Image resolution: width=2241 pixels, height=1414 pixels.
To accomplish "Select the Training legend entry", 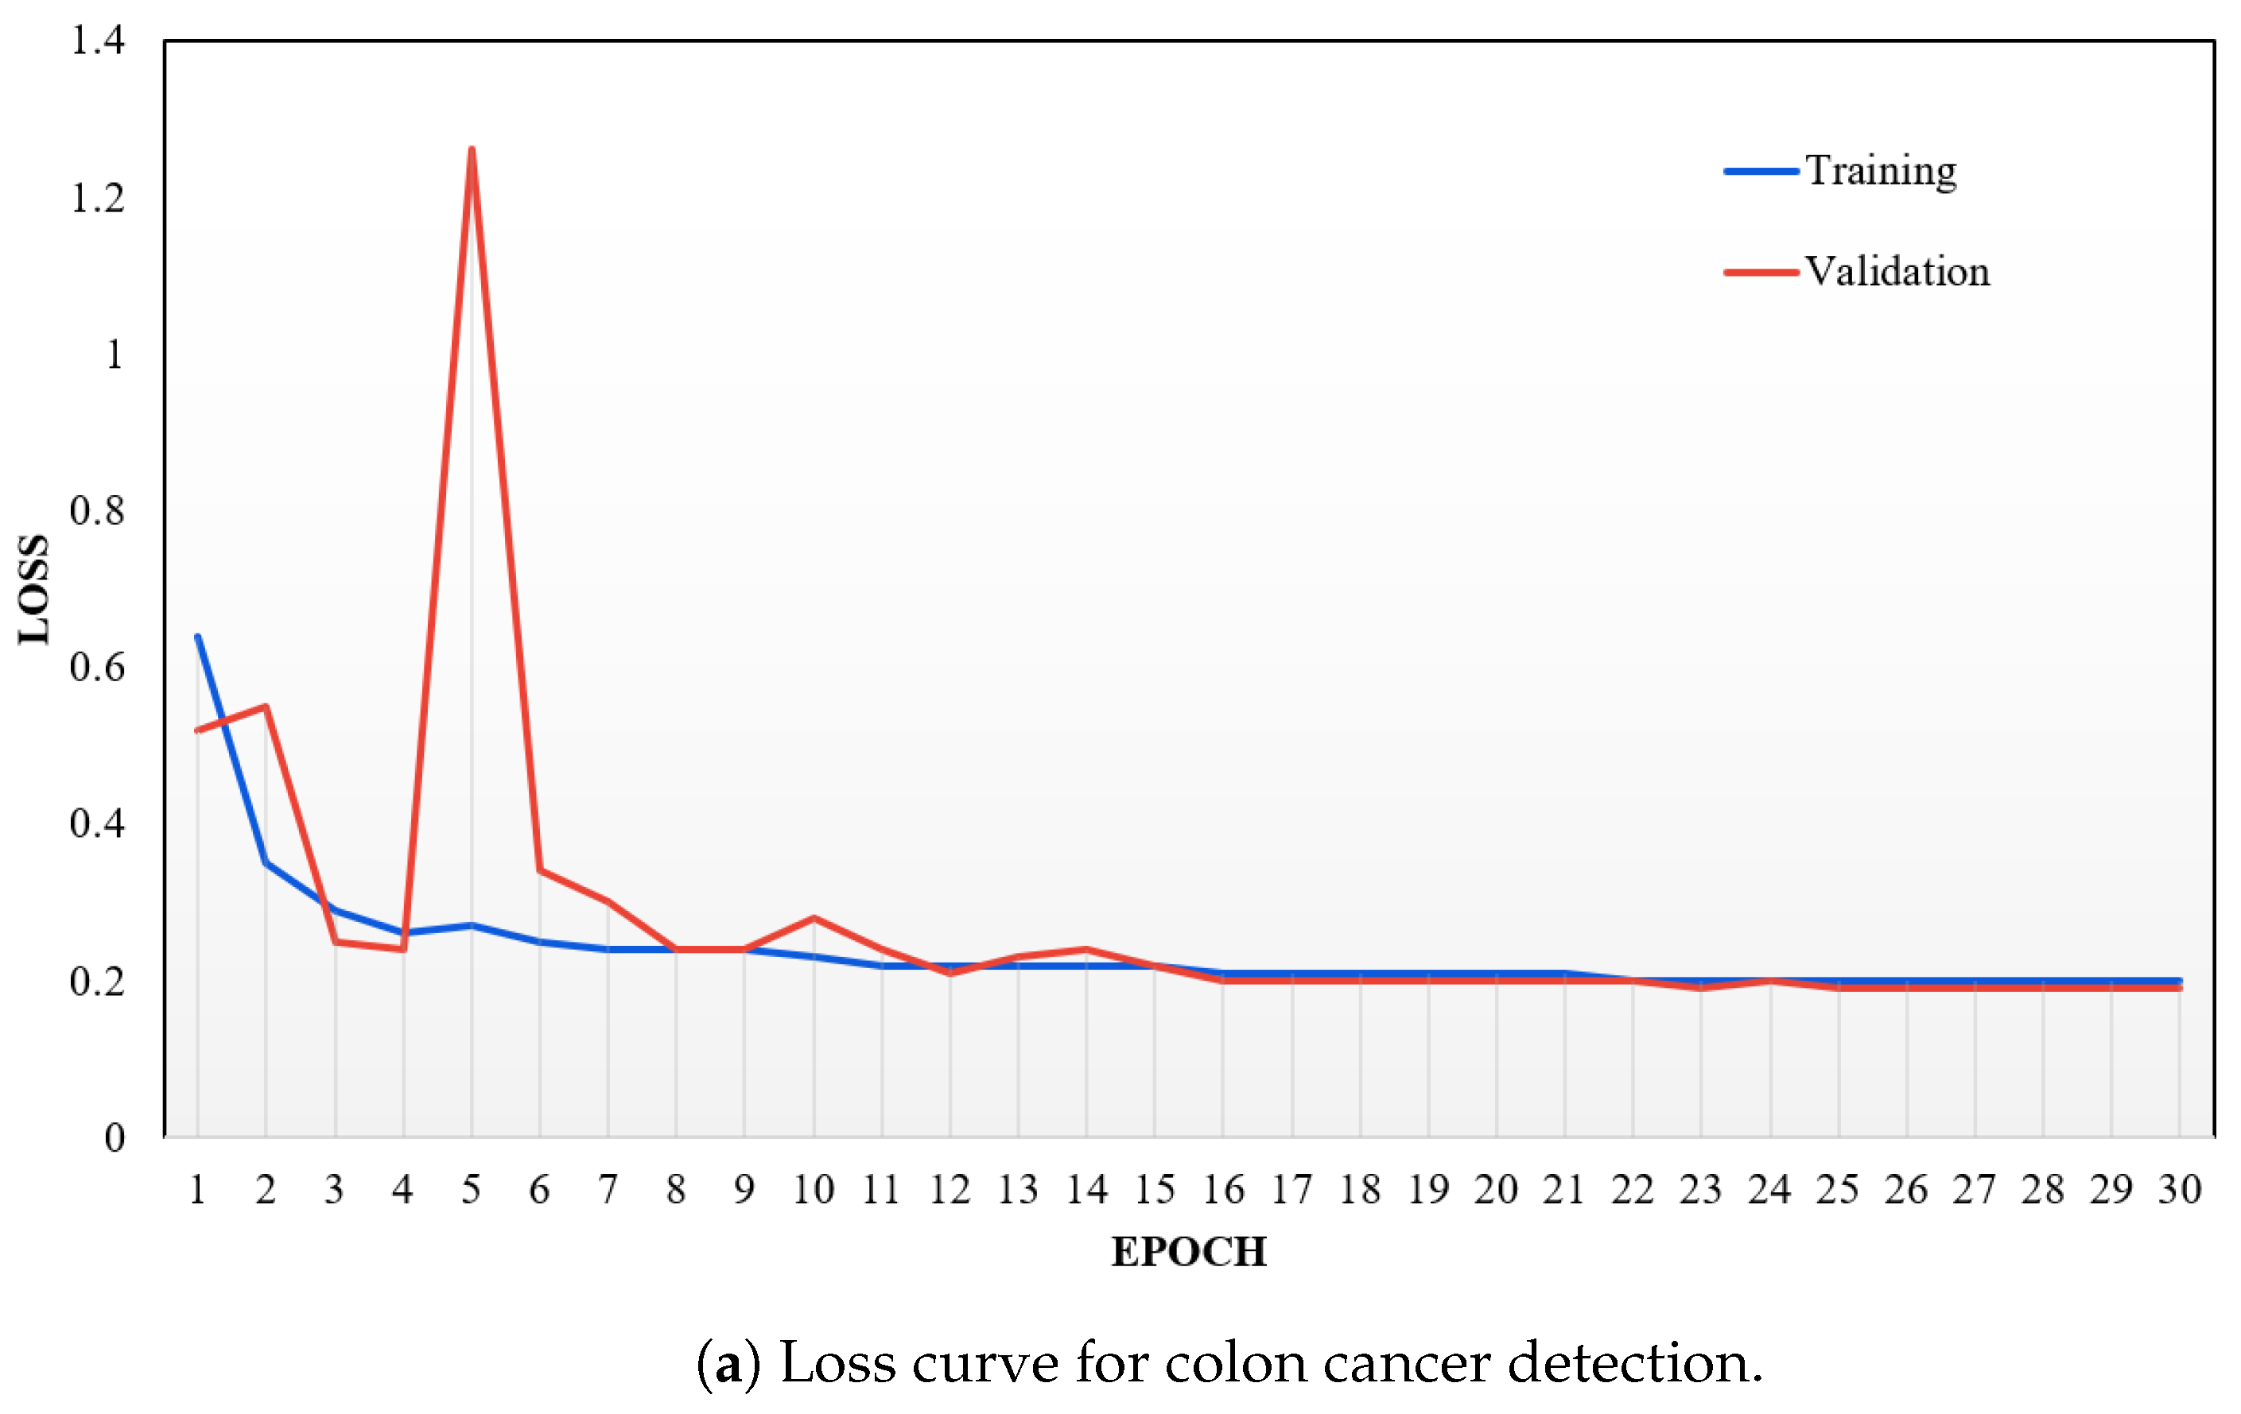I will click(1880, 171).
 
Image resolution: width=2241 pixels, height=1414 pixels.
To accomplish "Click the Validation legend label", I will click(1897, 272).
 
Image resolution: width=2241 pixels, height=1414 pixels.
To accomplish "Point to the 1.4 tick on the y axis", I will click(98, 41).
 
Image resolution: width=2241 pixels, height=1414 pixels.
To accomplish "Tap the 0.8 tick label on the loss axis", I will click(98, 511).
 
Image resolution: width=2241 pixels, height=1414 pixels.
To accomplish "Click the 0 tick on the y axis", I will click(114, 1137).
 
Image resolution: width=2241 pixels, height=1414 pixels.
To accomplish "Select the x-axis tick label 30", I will click(2180, 1190).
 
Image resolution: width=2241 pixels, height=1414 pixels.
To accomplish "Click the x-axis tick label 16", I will click(1223, 1190).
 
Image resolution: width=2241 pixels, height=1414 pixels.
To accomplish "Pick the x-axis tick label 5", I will click(471, 1190).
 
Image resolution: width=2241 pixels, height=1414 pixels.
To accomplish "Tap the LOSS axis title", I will click(34, 590).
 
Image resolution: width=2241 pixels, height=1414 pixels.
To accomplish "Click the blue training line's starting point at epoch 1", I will click(198, 637).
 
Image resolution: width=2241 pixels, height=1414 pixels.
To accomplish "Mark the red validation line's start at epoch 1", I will click(198, 730).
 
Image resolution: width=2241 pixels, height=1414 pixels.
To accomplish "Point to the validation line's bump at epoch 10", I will click(814, 918).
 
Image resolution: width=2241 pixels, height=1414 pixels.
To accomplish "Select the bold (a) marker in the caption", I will click(728, 1364).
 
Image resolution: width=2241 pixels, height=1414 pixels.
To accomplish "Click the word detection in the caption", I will click(1633, 1364).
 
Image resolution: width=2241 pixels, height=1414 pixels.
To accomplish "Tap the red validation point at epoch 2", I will click(266, 706).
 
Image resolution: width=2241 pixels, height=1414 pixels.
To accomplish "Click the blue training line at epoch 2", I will click(266, 862).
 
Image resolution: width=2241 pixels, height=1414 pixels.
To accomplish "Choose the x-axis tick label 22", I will click(1633, 1190).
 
